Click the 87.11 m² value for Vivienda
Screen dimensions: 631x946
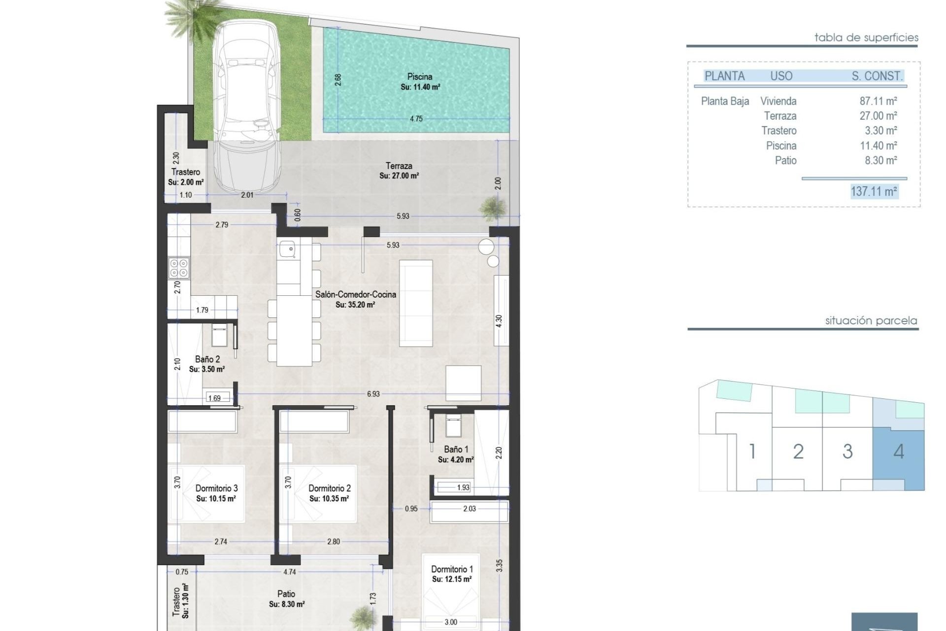[x=878, y=101]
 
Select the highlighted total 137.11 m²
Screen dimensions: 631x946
[x=874, y=191]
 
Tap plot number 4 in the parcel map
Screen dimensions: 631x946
[x=898, y=452]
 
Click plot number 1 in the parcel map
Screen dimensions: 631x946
[x=752, y=452]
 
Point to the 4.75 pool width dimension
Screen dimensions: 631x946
[x=416, y=119]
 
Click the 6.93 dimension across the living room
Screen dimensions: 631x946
[x=373, y=394]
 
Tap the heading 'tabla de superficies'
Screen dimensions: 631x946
[x=866, y=37]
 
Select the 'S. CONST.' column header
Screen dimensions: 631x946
[x=877, y=76]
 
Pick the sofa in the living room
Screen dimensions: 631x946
[x=416, y=303]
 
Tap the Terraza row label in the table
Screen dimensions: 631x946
[x=780, y=116]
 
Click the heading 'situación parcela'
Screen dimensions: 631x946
[x=871, y=321]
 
